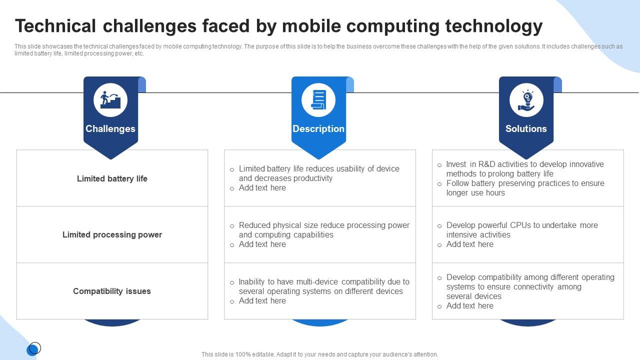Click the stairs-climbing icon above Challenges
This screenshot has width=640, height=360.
(110, 99)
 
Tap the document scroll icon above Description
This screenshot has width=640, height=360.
(318, 99)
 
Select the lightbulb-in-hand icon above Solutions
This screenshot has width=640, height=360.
(526, 100)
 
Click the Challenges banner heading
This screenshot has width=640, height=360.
(110, 128)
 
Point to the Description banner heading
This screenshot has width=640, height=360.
(318, 128)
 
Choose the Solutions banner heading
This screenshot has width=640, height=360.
(526, 128)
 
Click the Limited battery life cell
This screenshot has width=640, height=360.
(112, 178)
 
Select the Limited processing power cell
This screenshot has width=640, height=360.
(112, 234)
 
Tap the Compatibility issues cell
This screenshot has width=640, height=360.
(112, 291)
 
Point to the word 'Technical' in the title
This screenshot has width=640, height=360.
(55, 26)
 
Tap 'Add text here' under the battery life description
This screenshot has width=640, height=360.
(262, 187)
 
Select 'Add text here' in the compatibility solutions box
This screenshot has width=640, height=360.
(469, 305)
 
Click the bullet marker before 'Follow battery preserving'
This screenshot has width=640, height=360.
(439, 184)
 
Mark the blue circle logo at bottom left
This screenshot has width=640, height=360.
(33, 349)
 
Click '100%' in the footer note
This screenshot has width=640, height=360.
(243, 354)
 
